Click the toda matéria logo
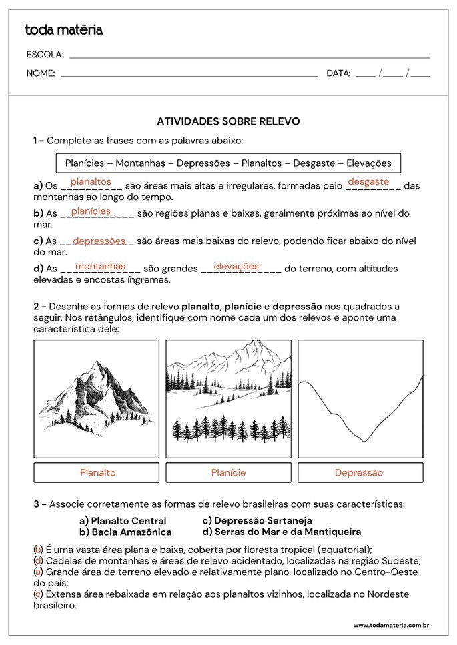click(x=63, y=30)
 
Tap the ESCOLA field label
click(x=45, y=55)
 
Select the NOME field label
click(x=41, y=73)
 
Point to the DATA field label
click(x=338, y=73)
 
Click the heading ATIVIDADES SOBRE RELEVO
click(x=228, y=121)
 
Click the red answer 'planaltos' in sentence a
click(x=91, y=181)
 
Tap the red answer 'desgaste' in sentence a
click(x=368, y=181)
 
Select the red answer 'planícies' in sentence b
click(x=91, y=211)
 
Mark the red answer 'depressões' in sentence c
click(x=99, y=241)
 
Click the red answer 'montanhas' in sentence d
click(x=101, y=266)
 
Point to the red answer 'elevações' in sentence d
click(x=236, y=266)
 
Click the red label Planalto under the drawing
click(x=97, y=472)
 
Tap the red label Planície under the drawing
click(x=228, y=472)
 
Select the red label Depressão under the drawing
click(x=359, y=472)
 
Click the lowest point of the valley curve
click(x=364, y=441)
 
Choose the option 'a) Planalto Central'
click(x=123, y=520)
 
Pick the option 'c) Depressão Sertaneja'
click(x=257, y=520)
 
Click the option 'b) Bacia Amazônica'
click(x=125, y=532)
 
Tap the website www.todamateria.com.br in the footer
click(x=391, y=625)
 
